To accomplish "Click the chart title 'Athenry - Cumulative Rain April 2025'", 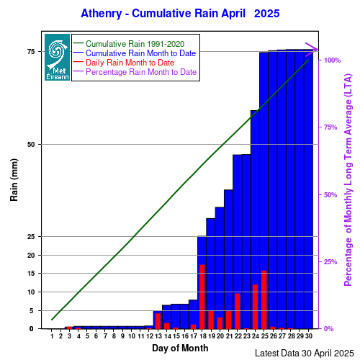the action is tap(180, 14).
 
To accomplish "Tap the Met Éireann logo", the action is tap(57, 57).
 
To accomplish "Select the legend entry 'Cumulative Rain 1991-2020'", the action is tap(135, 44).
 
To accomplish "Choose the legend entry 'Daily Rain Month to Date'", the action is tap(130, 63).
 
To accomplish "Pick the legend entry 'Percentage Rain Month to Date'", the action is tap(141, 72).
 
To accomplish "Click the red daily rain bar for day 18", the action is tap(202, 297).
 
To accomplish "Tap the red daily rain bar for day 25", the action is tap(264, 300).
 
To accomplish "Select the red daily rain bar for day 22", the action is tap(238, 311).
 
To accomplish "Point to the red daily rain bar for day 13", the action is tap(158, 321).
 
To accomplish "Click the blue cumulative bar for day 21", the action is tap(228, 259).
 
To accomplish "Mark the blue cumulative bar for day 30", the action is tap(308, 189).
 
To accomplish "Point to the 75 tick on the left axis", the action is tap(31, 52).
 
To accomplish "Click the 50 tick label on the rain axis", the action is tap(31, 145).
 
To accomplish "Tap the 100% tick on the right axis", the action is tap(333, 60).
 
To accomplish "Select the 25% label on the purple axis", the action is tap(330, 262).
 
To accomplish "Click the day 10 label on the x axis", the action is tap(132, 336).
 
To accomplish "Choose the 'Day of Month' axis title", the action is tap(180, 348).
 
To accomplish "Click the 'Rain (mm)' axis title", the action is tap(14, 180).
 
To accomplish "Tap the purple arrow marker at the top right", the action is tap(312, 50).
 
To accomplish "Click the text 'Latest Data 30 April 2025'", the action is tap(305, 354).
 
